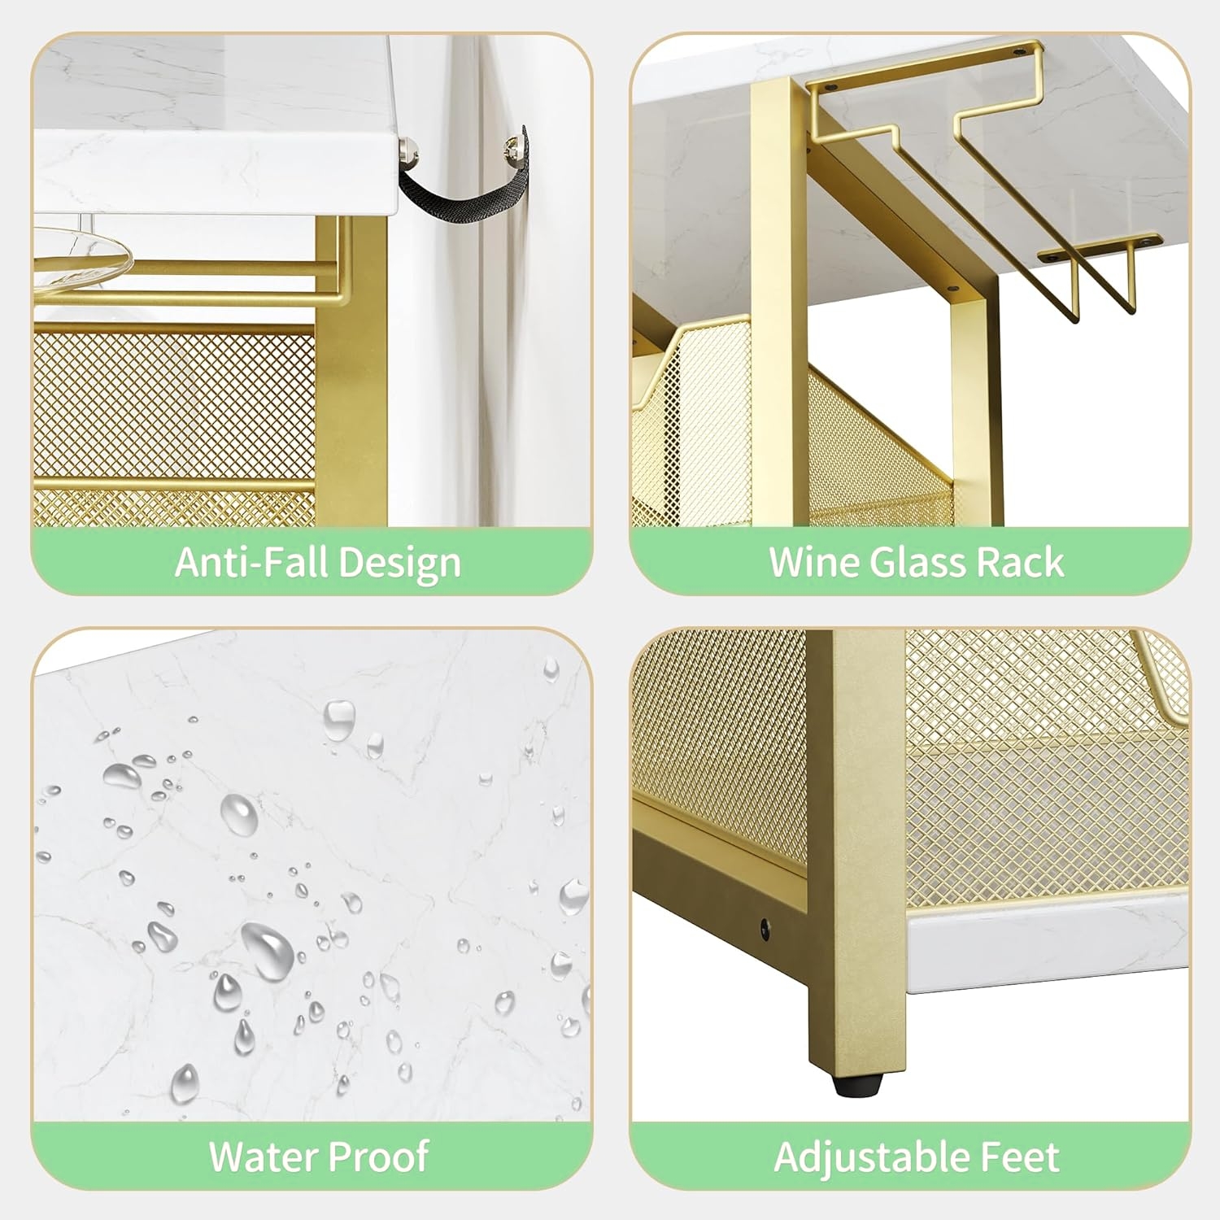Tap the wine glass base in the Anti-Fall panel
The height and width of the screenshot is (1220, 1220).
tap(82, 249)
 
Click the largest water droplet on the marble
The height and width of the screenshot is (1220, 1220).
tap(268, 950)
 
